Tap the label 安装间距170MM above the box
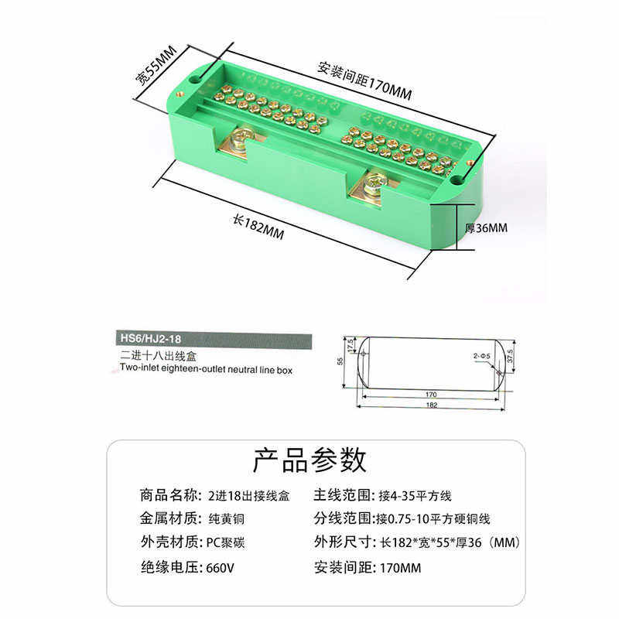[364, 79]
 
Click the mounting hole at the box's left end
[192, 79]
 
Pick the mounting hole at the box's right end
[457, 180]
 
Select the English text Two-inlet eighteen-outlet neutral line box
[207, 370]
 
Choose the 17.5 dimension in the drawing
[351, 344]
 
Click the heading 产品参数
[309, 460]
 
